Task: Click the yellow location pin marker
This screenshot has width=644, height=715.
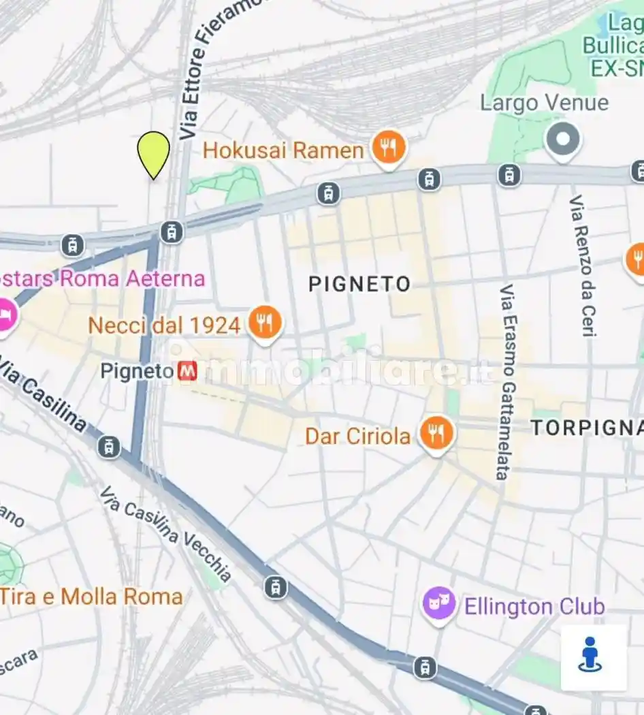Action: [154, 153]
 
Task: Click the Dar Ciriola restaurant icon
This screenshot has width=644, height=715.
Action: [436, 434]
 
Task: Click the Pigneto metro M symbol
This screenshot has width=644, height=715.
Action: [187, 371]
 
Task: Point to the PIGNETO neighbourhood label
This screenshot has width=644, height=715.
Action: [359, 284]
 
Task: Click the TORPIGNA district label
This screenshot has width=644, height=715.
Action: [586, 428]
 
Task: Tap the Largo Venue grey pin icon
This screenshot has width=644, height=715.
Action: [563, 140]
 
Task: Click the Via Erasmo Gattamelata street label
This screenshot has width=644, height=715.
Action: [506, 381]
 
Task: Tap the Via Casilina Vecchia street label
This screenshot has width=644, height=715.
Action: [165, 534]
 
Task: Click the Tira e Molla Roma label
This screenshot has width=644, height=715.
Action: [92, 597]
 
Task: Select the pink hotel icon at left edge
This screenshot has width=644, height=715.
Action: [5, 315]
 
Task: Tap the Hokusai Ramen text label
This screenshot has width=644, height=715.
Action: [283, 150]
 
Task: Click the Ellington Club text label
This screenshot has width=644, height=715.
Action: [534, 606]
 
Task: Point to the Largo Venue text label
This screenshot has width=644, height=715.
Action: [544, 103]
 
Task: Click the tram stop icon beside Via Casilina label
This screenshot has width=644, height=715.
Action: [109, 447]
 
